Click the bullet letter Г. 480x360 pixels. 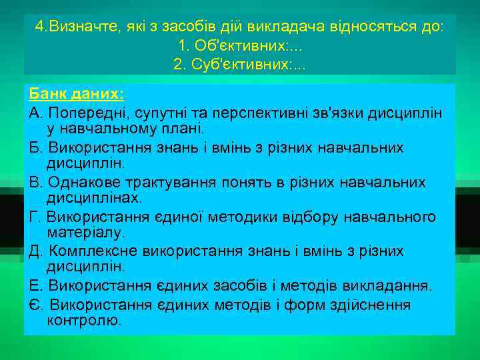coord(35,217)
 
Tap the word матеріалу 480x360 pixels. coord(85,233)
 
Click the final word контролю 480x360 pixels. coord(84,321)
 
